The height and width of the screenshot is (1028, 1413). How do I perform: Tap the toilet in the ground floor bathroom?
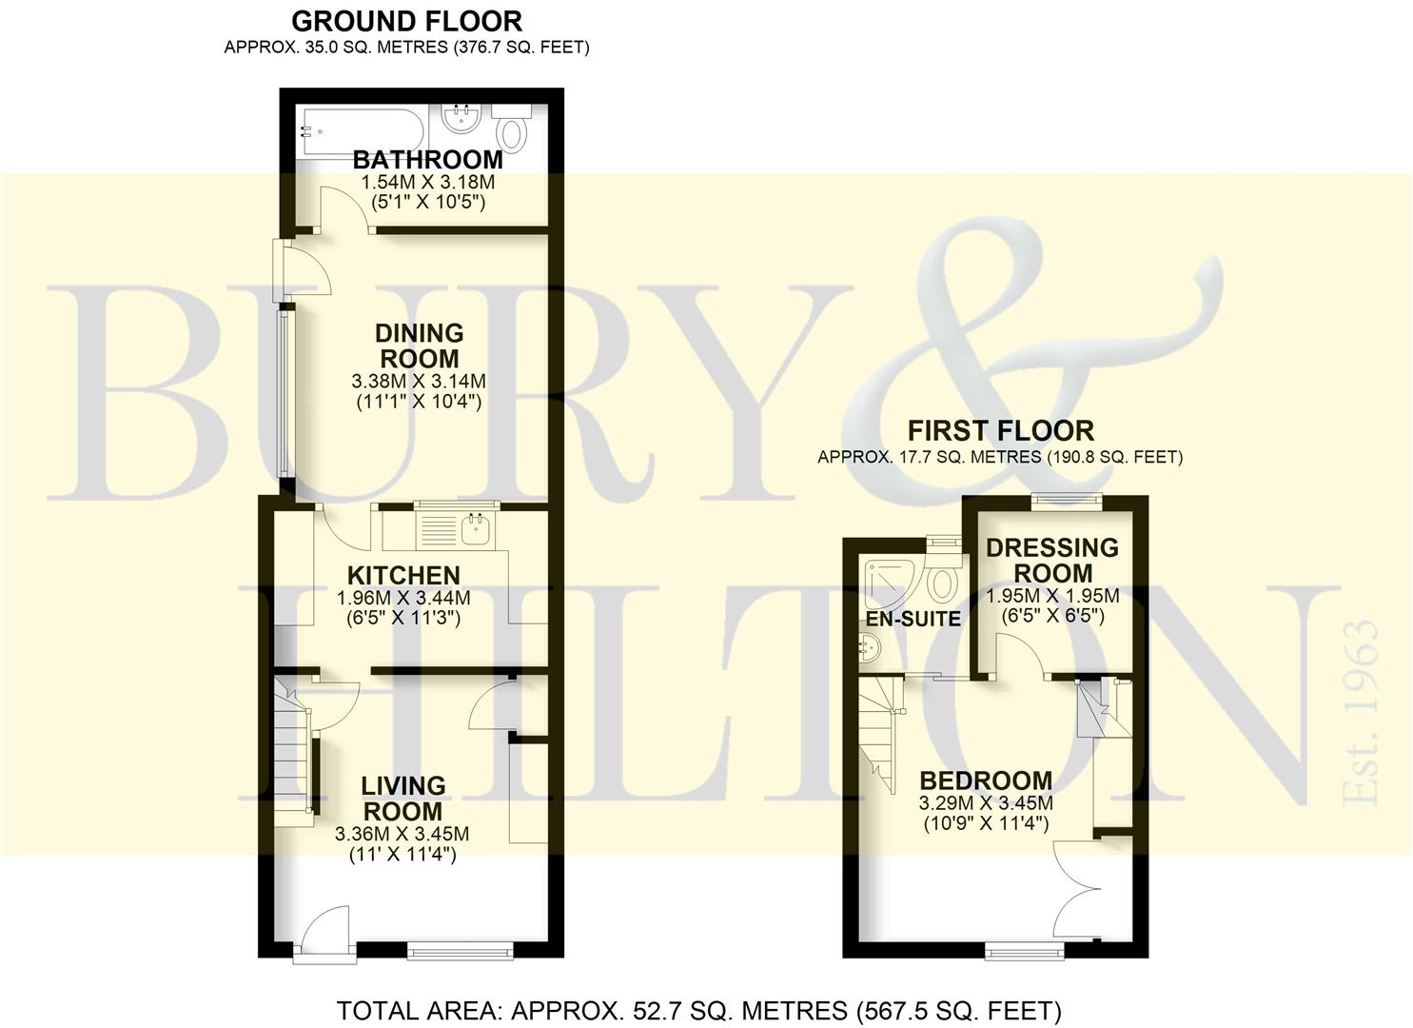[x=512, y=129]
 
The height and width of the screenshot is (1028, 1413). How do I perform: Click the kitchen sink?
[x=478, y=530]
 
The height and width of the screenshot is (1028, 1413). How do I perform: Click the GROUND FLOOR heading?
[x=407, y=22]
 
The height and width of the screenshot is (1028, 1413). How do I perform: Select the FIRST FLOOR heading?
[x=1001, y=431]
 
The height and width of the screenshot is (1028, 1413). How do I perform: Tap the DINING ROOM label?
[x=419, y=346]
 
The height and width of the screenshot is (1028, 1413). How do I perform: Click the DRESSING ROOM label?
[x=1052, y=561]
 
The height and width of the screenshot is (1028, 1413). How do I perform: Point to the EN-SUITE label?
[x=913, y=619]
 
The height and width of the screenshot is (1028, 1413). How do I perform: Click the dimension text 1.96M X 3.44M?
[x=403, y=597]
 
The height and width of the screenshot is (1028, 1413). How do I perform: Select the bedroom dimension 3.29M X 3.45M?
[x=986, y=803]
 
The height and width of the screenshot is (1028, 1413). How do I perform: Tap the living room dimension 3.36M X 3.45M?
[x=402, y=834]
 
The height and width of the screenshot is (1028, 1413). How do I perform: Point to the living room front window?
[x=460, y=950]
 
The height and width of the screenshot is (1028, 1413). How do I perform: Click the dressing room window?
[x=1067, y=501]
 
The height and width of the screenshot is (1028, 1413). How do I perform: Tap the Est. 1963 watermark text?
[x=1361, y=713]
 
